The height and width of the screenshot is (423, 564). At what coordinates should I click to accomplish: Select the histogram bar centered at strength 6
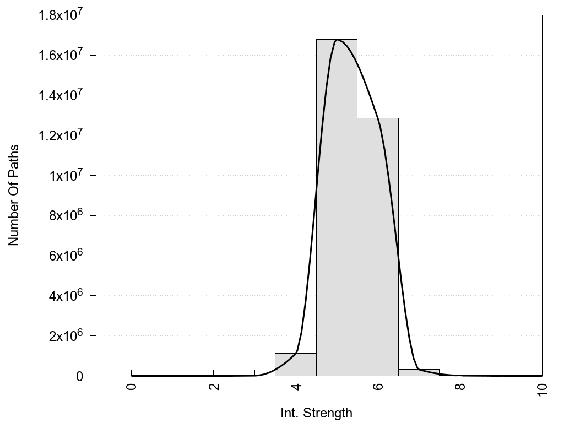[378, 248]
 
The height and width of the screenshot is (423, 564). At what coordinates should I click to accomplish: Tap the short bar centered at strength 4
[295, 365]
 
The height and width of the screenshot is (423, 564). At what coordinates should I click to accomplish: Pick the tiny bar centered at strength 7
[419, 372]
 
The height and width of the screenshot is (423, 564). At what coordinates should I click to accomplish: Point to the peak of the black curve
[337, 40]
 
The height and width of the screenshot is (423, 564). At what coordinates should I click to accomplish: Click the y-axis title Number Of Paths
[14, 195]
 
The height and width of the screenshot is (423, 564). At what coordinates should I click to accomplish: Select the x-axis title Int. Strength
[316, 413]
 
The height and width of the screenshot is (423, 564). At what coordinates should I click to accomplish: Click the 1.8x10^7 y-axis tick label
[60, 15]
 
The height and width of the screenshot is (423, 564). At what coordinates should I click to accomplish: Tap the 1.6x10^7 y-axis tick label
[60, 55]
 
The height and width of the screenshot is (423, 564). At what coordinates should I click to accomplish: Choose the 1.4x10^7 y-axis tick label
[60, 95]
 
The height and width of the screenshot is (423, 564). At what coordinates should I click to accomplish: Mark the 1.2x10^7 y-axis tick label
[60, 135]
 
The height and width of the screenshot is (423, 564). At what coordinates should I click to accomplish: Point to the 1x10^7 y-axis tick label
[64, 176]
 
